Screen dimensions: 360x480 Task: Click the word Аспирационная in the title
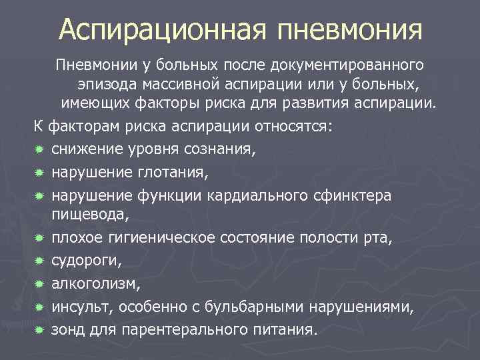point(162,29)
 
